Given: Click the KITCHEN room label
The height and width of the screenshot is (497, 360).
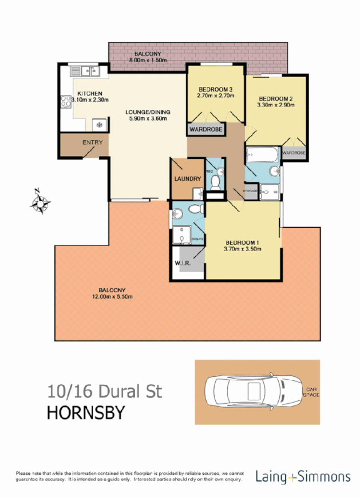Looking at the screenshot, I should pos(90,93).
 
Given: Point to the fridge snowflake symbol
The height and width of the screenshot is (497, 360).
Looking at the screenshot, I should pos(98,124).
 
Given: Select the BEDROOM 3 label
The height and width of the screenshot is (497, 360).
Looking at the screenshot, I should pos(215,89).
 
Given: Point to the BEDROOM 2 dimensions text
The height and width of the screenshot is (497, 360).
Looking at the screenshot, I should pos(276,105).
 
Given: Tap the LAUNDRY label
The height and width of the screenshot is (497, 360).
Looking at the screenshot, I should pos(187,179).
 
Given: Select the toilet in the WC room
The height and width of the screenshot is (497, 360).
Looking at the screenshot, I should pos(215,182).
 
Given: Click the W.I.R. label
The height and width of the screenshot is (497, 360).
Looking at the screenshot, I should pos(183,264).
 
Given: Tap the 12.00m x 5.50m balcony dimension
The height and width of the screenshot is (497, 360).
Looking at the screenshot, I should pos(112,297).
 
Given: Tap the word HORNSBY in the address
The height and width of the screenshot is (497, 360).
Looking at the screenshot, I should pos(84,412).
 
